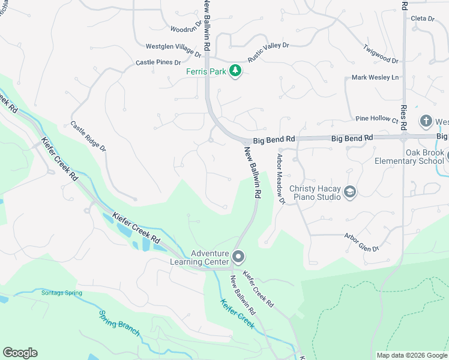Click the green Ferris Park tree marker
[x=237, y=71]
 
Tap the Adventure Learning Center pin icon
[x=238, y=257]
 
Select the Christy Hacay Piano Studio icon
[x=350, y=192]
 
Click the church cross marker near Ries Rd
[x=426, y=121]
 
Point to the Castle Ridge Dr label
[x=88, y=136]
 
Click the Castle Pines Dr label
[x=158, y=62]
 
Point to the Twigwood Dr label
[x=381, y=54]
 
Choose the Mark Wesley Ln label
[x=375, y=77]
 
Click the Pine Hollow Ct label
[x=377, y=119]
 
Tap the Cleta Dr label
[x=422, y=19]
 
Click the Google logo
[x=20, y=353]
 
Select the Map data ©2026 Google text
[x=411, y=355]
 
